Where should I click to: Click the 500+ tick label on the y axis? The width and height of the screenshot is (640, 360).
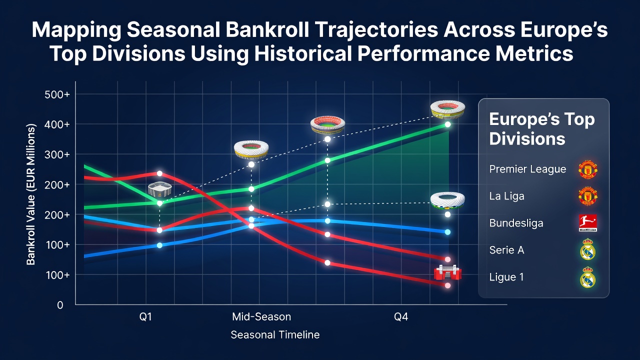(x=57, y=94)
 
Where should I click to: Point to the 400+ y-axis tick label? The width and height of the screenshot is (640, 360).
(x=57, y=124)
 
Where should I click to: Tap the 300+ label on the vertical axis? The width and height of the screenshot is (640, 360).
(x=57, y=154)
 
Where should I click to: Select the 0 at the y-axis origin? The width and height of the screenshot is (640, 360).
(x=60, y=305)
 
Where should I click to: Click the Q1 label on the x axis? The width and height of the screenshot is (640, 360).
(x=145, y=317)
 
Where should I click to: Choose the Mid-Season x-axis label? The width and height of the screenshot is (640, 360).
(x=261, y=317)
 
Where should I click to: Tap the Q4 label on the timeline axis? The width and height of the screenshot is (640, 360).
(x=401, y=317)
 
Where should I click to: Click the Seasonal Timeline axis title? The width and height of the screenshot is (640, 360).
(x=275, y=335)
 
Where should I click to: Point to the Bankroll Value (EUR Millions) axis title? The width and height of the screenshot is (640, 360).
(x=30, y=194)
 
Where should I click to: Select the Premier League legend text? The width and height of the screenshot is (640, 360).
(x=527, y=169)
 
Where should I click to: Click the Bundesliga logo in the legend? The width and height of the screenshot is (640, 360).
(x=587, y=223)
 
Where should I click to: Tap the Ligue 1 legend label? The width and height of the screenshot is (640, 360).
(x=506, y=277)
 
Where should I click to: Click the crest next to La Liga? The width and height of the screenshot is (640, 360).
(x=587, y=196)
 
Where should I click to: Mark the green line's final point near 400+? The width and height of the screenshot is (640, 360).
(x=447, y=124)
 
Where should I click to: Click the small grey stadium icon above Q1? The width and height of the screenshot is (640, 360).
(x=159, y=189)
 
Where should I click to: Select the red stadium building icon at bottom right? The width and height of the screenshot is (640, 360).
(x=447, y=272)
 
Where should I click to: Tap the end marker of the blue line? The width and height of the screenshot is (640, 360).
(x=447, y=232)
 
